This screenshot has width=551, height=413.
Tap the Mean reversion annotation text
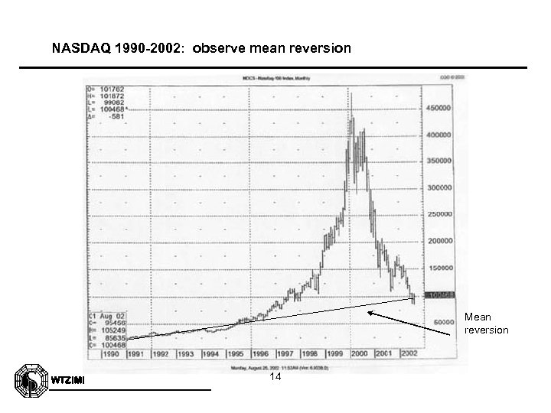click(486, 323)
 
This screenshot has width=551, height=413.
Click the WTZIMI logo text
click(67, 381)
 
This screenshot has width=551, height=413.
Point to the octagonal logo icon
click(30, 380)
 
